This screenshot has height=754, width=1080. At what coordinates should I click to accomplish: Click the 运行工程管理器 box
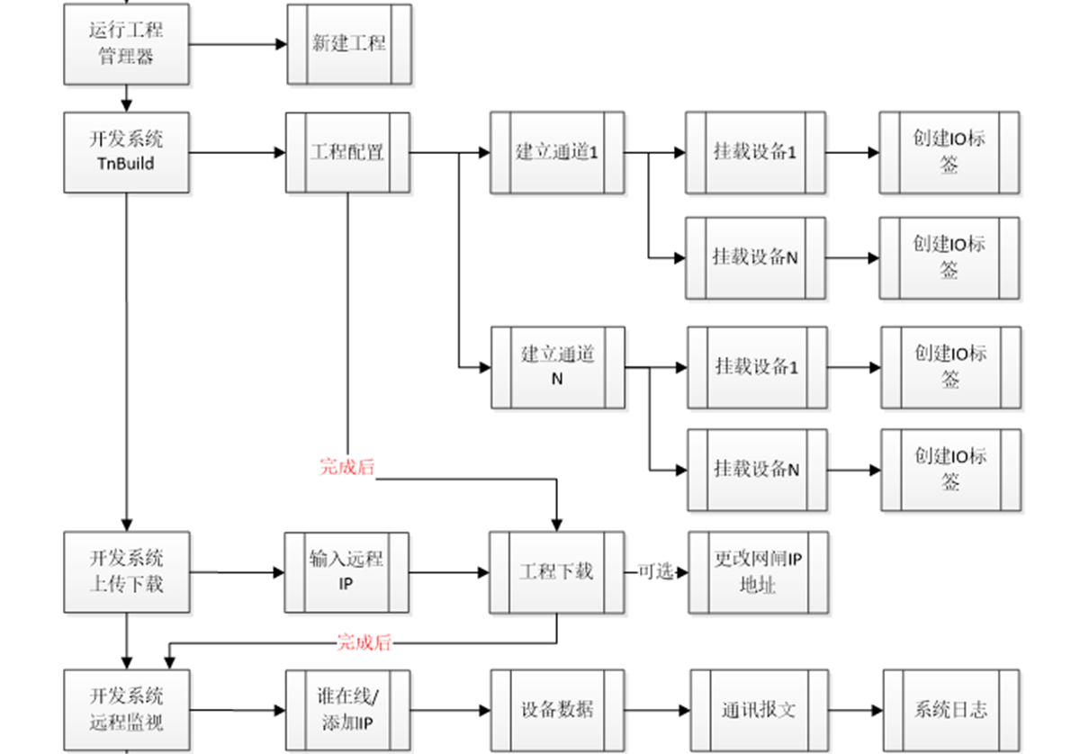pos(126,43)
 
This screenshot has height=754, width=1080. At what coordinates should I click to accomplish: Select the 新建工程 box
pos(349,44)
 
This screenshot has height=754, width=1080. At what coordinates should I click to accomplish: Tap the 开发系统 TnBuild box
pos(126,152)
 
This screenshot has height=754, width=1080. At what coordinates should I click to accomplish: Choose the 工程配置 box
pos(347,152)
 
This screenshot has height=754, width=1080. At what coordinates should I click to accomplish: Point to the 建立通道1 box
pos(557,152)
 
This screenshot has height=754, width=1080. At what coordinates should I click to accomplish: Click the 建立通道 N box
pos(558,367)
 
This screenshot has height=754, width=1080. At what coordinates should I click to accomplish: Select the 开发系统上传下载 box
pos(127,572)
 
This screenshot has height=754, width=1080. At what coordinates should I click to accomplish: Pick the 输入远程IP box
pos(346,572)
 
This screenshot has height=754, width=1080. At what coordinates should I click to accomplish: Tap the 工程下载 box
pos(557,572)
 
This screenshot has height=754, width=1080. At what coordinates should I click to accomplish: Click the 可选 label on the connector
pos(656,572)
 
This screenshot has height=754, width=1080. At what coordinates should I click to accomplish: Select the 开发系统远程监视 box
pos(127,710)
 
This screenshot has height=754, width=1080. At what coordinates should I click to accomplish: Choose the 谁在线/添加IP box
pos(347,710)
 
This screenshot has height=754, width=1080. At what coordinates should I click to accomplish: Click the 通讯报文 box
pos(758,710)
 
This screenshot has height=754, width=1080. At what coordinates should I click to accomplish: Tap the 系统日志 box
pos(951,710)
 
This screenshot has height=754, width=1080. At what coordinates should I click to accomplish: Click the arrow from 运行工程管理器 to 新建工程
pos(238,44)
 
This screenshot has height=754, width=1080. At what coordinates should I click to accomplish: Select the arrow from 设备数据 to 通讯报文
pos(657,710)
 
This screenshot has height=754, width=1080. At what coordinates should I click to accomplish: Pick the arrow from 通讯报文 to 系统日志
pos(854,710)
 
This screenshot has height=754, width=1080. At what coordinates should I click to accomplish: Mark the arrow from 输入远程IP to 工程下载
pos(449,572)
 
